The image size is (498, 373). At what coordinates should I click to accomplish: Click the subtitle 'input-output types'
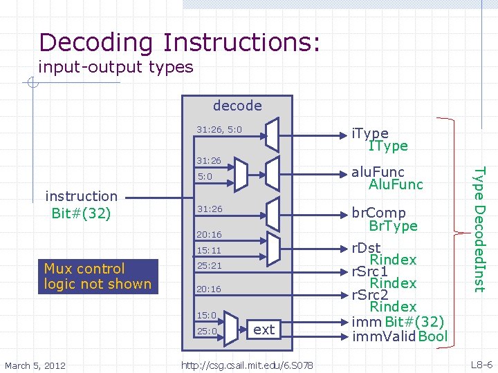click(x=116, y=67)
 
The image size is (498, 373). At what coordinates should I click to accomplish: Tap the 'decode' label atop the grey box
click(x=237, y=106)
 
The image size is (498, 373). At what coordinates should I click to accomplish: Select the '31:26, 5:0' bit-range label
click(x=219, y=129)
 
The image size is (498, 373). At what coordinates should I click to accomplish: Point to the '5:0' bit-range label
click(x=204, y=177)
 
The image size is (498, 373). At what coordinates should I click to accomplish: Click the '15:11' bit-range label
click(x=208, y=250)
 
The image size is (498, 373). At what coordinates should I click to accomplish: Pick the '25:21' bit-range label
click(x=208, y=265)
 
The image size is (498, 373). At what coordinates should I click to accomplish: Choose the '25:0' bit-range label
click(x=207, y=331)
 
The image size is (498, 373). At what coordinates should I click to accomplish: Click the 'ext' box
click(x=264, y=329)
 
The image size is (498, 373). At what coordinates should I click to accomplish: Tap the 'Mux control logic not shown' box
click(x=98, y=276)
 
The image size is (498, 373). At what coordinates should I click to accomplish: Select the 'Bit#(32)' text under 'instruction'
click(x=80, y=212)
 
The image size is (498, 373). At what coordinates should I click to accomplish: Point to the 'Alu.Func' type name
click(x=396, y=184)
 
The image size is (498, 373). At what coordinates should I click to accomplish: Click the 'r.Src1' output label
click(x=369, y=271)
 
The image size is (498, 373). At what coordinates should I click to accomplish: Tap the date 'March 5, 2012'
click(x=35, y=364)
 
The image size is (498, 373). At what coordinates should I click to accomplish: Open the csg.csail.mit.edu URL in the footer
click(x=246, y=364)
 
